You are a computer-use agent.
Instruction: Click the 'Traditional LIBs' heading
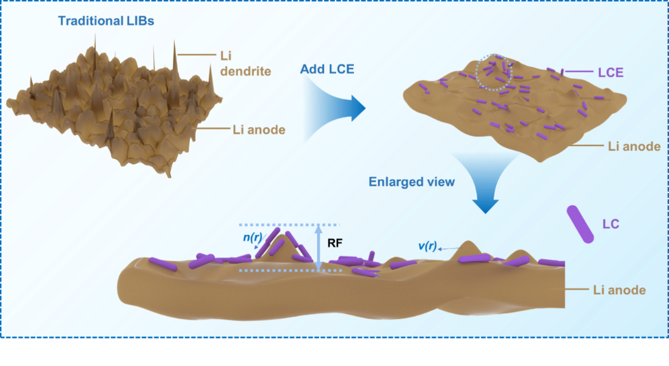tap(106, 21)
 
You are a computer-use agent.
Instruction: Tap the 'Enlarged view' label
tap(412, 182)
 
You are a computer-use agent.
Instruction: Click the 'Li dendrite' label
tap(236, 64)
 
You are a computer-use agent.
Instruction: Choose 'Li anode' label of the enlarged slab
tap(619, 290)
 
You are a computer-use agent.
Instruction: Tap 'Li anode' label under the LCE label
tap(633, 147)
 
